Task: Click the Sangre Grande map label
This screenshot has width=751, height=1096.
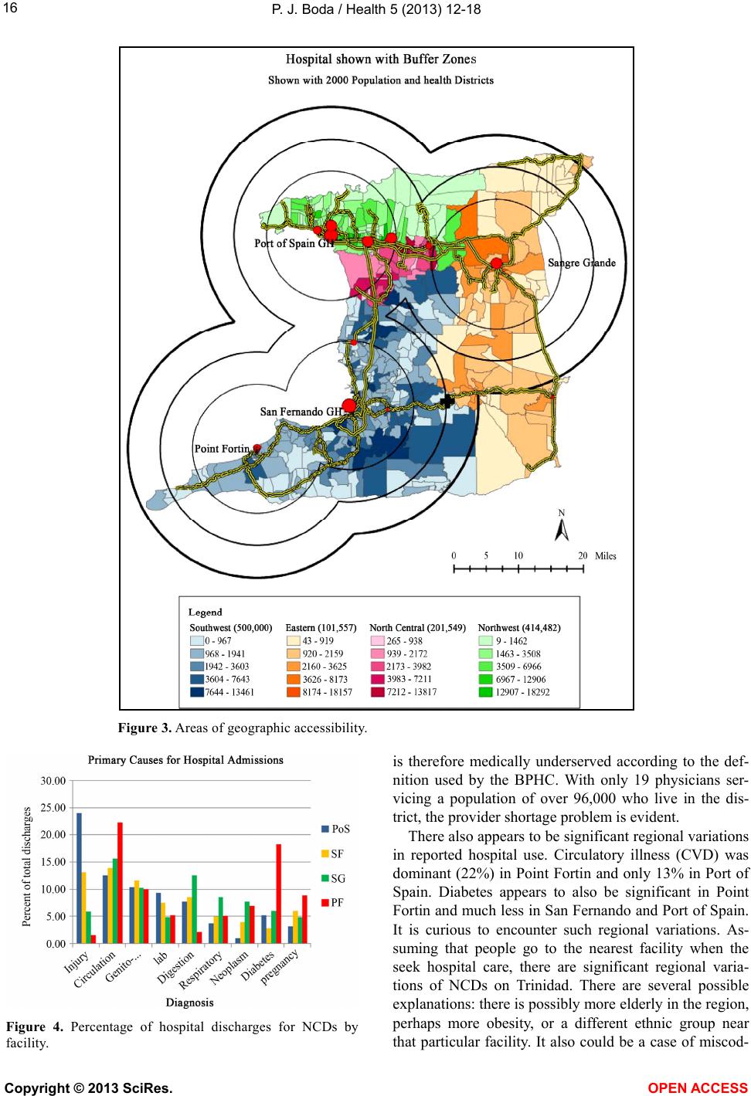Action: (x=582, y=263)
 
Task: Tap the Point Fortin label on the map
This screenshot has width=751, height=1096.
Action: (x=222, y=449)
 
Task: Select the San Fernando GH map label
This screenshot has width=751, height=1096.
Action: (x=301, y=412)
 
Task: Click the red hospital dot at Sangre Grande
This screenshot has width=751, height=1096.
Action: (x=497, y=263)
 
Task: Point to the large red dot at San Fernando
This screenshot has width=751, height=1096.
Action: (x=348, y=405)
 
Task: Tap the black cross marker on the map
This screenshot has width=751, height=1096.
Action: (x=447, y=401)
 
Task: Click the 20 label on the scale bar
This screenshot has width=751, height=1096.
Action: (x=583, y=555)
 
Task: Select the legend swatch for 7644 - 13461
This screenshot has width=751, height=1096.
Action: (x=197, y=692)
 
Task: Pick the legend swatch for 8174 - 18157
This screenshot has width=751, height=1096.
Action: (x=294, y=692)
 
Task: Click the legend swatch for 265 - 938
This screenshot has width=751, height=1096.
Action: (x=378, y=640)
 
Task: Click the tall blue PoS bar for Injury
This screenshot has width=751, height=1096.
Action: (x=79, y=877)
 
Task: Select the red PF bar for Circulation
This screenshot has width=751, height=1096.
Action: (x=120, y=883)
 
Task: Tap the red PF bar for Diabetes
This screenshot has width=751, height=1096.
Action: (x=279, y=894)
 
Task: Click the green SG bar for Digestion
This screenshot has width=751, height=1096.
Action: (x=195, y=909)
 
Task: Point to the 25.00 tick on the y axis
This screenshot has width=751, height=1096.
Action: (x=53, y=808)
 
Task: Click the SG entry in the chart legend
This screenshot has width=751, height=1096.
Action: (x=334, y=878)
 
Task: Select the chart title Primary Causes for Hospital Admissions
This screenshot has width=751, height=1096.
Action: (x=185, y=760)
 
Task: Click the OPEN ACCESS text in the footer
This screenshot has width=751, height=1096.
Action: (x=698, y=1088)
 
